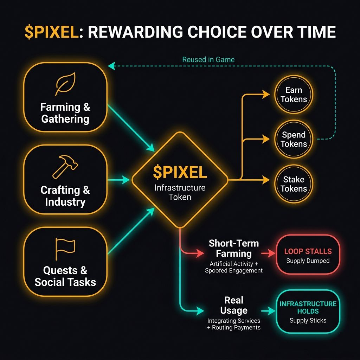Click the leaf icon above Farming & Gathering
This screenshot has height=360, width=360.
[x=65, y=84]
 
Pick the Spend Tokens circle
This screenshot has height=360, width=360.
[x=294, y=139]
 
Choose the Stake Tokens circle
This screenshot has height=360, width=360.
[x=294, y=184]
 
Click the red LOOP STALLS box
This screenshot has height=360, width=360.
[x=308, y=254]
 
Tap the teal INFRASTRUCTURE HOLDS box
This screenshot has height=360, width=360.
[x=308, y=311]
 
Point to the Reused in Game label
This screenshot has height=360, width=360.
[x=208, y=59]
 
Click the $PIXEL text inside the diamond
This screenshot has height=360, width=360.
[x=180, y=172]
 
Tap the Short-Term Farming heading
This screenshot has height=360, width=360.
[x=234, y=248]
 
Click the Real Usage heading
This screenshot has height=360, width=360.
[x=234, y=305]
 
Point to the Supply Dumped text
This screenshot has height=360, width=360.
[x=308, y=261]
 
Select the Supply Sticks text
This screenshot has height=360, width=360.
[x=308, y=320]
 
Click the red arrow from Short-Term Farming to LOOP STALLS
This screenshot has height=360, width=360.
[x=269, y=253]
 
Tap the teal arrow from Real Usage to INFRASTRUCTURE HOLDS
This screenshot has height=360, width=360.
[x=269, y=310]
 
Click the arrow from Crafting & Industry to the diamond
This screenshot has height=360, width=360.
[x=118, y=180]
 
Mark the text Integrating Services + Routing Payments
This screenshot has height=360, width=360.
[x=234, y=324]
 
